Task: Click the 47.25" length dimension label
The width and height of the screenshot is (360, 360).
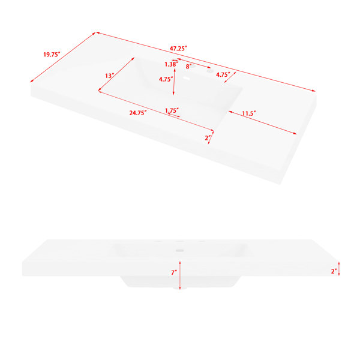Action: click(178, 49)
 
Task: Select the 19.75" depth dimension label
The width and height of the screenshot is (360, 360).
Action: click(52, 55)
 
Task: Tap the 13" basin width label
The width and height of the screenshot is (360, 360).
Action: click(110, 76)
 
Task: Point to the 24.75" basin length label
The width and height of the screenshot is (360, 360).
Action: click(138, 113)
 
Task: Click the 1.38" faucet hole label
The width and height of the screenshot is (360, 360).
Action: click(171, 64)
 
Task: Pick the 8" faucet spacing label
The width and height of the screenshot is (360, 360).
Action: click(188, 67)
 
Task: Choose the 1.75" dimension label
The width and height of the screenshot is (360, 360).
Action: click(172, 110)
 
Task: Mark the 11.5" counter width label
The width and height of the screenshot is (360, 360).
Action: click(249, 113)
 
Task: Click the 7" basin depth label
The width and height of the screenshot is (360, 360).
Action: click(174, 272)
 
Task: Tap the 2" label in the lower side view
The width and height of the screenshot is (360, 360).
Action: click(334, 271)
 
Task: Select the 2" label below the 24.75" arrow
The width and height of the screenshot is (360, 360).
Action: click(208, 138)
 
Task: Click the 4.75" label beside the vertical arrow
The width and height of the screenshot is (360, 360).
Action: click(166, 79)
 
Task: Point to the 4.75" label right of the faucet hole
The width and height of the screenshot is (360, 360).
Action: click(223, 74)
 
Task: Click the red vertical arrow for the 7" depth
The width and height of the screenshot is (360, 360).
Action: click(180, 275)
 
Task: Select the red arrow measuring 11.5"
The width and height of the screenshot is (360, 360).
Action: click(262, 122)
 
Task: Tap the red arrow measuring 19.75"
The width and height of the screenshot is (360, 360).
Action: click(63, 57)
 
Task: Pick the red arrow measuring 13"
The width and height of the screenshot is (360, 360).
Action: click(116, 74)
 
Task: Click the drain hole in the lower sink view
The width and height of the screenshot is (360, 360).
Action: click(180, 250)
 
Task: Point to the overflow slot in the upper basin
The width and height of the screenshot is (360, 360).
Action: click(187, 79)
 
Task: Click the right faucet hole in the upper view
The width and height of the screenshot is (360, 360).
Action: click(209, 71)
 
